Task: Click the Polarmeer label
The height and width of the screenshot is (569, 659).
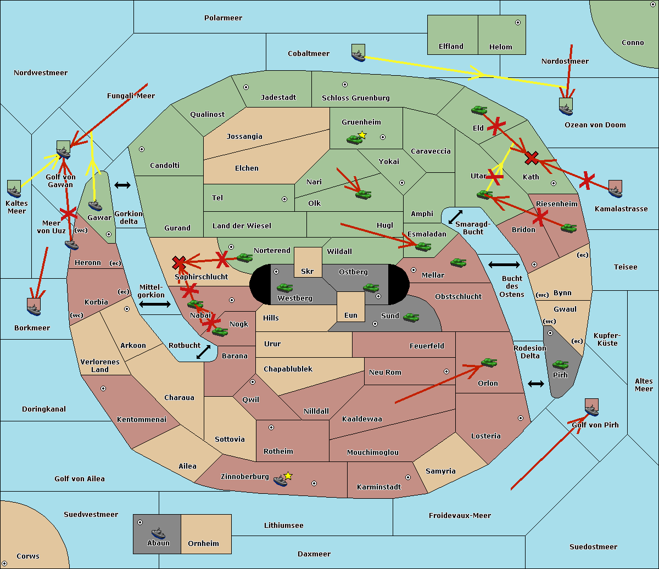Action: pyautogui.click(x=223, y=18)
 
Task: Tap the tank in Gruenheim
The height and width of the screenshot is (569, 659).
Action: pyautogui.click(x=355, y=139)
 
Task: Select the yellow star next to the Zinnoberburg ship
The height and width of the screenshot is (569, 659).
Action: pyautogui.click(x=288, y=476)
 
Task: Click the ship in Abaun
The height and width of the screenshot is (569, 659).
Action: pyautogui.click(x=159, y=533)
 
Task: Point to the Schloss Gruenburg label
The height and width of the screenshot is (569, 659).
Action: pyautogui.click(x=356, y=98)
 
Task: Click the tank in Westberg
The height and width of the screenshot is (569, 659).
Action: pyautogui.click(x=284, y=288)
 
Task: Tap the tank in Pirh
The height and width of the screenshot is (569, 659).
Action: pyautogui.click(x=560, y=364)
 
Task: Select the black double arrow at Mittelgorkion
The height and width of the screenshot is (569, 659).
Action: pyautogui.click(x=155, y=304)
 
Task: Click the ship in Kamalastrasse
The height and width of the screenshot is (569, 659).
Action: pyautogui.click(x=615, y=189)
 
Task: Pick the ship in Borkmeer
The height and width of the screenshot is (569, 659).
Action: pyautogui.click(x=34, y=307)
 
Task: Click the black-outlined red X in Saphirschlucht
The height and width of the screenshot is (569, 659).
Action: pyautogui.click(x=179, y=262)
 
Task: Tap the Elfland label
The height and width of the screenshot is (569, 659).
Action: pyautogui.click(x=451, y=47)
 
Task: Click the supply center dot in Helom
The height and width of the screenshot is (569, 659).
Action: pyautogui.click(x=518, y=22)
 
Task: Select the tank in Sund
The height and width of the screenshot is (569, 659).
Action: pyautogui.click(x=411, y=317)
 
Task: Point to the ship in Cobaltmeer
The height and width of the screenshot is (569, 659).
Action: pyautogui.click(x=359, y=53)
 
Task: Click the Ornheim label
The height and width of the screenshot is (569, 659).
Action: pyautogui.click(x=203, y=543)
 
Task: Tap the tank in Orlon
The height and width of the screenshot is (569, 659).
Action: pyautogui.click(x=489, y=363)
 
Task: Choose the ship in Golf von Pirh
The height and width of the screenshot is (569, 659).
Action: pyautogui.click(x=592, y=408)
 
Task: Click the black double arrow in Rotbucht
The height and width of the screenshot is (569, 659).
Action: pyautogui.click(x=203, y=352)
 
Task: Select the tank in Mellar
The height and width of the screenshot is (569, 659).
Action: pyautogui.click(x=458, y=262)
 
